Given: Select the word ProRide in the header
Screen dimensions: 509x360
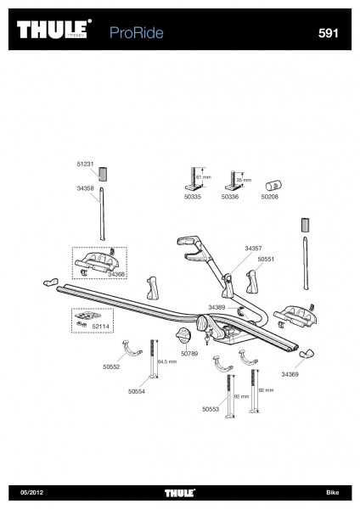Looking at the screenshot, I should pos(137,32).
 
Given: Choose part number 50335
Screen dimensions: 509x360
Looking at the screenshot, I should pos(193,220).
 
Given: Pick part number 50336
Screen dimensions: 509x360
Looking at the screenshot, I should pos(230,220).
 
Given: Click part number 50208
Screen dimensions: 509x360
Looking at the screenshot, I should pos(270,220).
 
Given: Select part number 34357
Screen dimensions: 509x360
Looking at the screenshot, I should pos(253,248).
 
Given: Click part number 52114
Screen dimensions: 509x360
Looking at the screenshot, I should pos(101,326).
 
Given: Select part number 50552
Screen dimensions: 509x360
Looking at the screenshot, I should pos(111,367).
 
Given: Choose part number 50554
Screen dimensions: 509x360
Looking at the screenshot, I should pos(136,392).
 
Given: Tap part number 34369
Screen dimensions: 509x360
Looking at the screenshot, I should pos(290,374).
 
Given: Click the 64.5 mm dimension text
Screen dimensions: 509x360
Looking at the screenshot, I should pos(166,361).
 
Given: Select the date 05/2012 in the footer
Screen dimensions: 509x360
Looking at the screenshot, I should pos(31,493).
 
